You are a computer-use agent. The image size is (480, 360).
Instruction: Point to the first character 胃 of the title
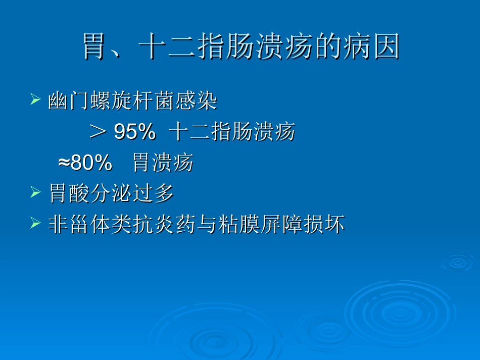94,47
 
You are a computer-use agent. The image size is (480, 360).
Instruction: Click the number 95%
134,132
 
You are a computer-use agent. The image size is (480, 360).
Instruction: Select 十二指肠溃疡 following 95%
232,132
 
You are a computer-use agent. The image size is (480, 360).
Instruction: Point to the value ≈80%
85,163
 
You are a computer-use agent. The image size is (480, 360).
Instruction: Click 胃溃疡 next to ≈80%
163,163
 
